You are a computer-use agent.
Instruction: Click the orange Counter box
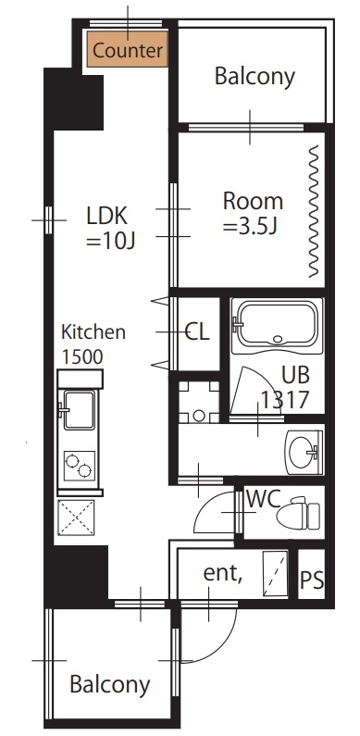[127, 49]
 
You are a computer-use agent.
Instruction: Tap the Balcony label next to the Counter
[254, 77]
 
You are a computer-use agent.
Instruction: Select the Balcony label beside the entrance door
[110, 685]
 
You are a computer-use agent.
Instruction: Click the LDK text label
[107, 216]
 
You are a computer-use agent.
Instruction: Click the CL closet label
[197, 331]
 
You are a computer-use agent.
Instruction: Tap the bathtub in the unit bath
[278, 325]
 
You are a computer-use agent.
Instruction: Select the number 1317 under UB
[285, 400]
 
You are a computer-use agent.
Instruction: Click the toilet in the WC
[298, 514]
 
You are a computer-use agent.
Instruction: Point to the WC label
[264, 499]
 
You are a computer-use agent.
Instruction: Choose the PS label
[312, 580]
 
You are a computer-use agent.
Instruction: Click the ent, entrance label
[222, 574]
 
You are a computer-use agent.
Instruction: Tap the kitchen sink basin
[79, 410]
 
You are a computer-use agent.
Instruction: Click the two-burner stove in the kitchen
[79, 465]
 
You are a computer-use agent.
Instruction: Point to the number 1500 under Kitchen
[82, 356]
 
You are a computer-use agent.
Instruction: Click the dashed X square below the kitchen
[76, 518]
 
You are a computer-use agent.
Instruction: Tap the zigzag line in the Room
[314, 211]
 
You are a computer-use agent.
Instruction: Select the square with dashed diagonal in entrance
[275, 574]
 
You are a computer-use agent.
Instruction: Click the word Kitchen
[93, 332]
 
